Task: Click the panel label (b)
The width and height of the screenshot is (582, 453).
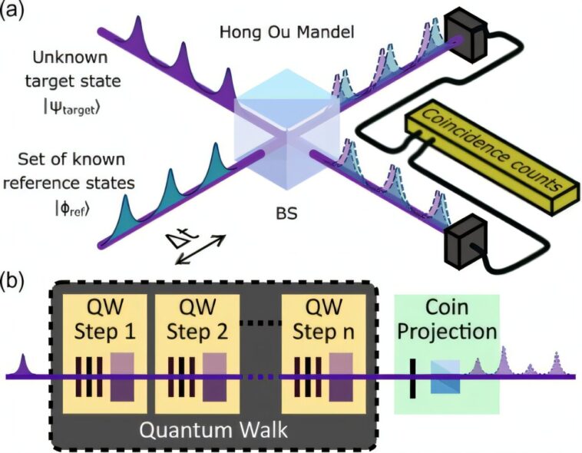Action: [x=15, y=277]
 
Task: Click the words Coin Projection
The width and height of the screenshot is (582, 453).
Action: [x=446, y=320]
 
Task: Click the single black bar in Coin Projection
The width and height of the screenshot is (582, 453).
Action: [x=413, y=377]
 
